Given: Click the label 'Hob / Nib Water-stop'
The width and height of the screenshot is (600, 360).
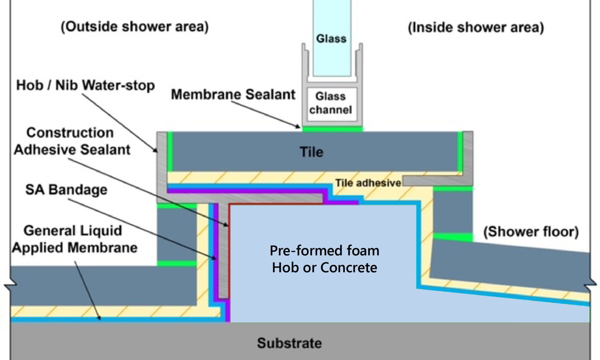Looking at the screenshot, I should (x=85, y=86).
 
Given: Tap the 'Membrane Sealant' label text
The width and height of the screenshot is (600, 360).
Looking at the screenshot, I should (x=233, y=95).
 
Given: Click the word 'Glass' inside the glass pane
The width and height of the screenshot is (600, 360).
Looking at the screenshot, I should (x=331, y=39).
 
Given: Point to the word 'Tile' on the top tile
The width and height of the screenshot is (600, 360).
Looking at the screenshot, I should (x=311, y=152).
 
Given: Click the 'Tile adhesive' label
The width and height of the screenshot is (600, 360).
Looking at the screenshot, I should (x=368, y=183).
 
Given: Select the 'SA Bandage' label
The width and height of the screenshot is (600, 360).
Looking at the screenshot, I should (x=66, y=190).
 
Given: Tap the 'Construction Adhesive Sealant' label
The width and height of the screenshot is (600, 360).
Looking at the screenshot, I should (x=72, y=141).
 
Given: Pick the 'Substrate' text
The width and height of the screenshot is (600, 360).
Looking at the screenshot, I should (x=289, y=343).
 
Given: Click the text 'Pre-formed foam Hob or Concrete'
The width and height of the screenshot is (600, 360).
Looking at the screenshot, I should (x=324, y=259).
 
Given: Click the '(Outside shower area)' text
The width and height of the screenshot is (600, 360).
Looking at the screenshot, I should (x=134, y=27).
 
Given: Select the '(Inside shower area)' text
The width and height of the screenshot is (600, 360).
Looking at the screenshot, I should (x=475, y=28).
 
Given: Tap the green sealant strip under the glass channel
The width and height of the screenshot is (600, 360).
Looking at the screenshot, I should (x=332, y=129).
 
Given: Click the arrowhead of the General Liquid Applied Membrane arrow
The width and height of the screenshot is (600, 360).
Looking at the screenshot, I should (x=100, y=318).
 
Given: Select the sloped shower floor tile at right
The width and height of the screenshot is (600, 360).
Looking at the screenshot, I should (x=510, y=264).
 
